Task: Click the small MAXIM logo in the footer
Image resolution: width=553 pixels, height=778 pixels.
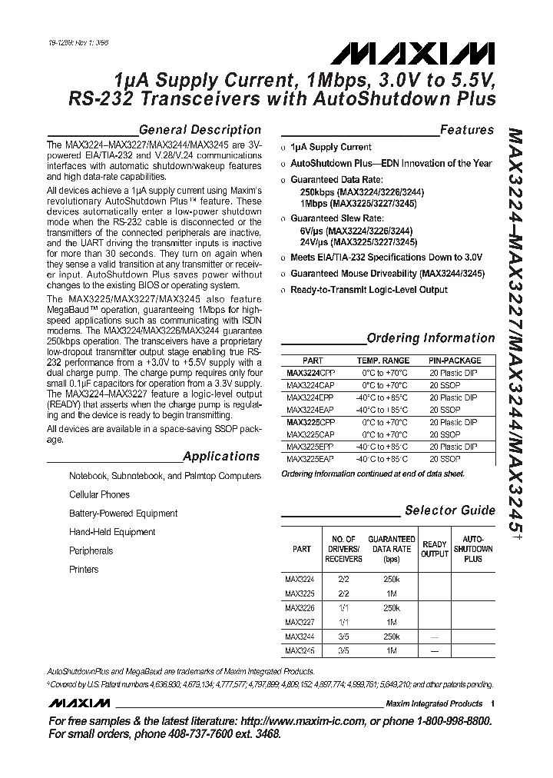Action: point(78,703)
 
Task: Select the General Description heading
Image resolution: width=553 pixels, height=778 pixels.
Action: point(199,130)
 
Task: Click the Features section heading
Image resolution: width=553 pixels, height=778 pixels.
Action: point(466,130)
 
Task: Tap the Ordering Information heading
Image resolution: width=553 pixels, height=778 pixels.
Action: point(430,338)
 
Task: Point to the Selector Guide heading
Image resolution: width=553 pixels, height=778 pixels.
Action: point(450,510)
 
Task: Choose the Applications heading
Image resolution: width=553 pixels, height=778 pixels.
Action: point(221,456)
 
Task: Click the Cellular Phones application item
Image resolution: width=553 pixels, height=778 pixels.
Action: point(99,495)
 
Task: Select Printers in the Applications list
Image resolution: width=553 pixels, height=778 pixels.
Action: point(84,570)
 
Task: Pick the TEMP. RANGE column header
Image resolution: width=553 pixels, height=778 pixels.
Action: point(382,361)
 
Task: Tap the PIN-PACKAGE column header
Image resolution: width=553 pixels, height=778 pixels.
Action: point(455,361)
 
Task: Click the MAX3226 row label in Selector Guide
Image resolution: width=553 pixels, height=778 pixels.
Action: point(299,607)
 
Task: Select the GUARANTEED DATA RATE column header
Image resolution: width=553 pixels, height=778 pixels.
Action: point(392,550)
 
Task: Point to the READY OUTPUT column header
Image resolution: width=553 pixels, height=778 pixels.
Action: point(435,550)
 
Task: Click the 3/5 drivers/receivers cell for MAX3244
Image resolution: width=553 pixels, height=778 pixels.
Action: point(343,637)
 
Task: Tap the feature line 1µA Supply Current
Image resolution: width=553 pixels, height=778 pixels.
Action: point(330,147)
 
